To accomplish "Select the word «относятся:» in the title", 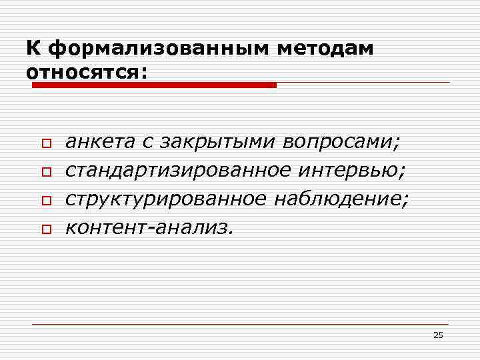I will click(85, 71).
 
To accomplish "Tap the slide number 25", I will click(437, 335).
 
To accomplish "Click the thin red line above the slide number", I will click(240, 324).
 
